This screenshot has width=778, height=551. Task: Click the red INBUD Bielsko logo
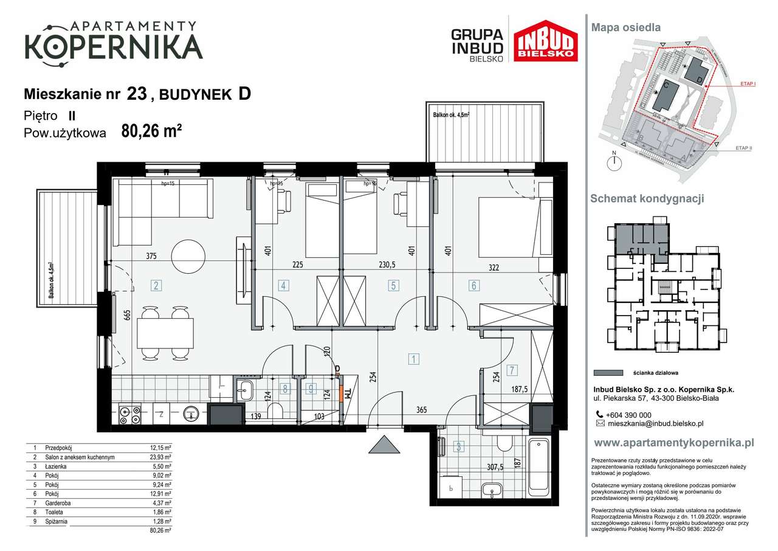click(x=545, y=41)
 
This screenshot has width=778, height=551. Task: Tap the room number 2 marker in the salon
click(x=156, y=285)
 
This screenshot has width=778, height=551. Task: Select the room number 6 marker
click(x=473, y=285)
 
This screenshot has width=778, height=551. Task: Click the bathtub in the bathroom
click(x=540, y=466)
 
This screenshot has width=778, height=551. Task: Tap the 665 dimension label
click(x=127, y=314)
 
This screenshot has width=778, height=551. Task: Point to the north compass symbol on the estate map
click(x=615, y=161)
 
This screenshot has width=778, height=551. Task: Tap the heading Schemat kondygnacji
click(x=647, y=199)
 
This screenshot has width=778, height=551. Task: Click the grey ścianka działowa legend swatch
click(x=608, y=373)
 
